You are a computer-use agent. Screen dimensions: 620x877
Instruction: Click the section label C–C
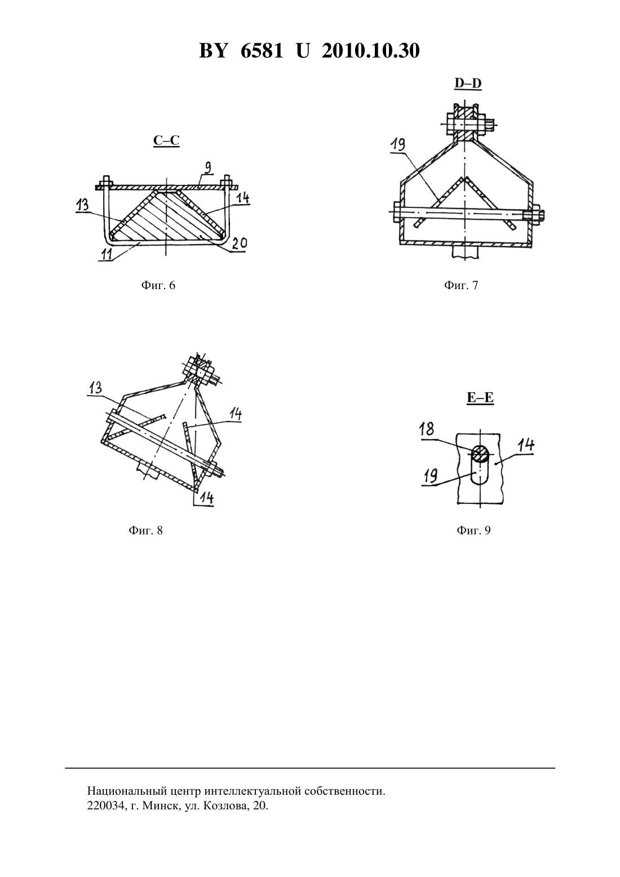coord(166,140)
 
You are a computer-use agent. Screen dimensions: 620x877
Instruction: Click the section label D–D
coord(468,83)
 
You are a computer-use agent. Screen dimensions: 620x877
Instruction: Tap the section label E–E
coord(480,398)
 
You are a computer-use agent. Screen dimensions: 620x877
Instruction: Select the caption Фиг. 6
coord(158,285)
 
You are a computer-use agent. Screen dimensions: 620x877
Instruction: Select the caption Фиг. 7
coord(461,285)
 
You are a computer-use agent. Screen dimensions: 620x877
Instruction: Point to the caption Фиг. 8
coord(145,530)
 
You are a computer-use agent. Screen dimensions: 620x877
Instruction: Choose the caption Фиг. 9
coord(473,530)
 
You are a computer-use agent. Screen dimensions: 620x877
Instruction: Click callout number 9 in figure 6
coord(208,167)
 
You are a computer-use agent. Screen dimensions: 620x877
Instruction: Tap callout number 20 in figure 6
coord(239,243)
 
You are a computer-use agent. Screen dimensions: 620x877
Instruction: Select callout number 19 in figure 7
coord(397,144)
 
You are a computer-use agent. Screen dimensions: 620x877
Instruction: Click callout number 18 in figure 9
coord(427,429)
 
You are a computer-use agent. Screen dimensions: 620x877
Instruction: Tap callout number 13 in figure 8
coord(95,388)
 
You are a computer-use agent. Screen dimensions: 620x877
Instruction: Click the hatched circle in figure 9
coord(480,454)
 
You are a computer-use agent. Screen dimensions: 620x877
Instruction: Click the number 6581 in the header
coord(262,51)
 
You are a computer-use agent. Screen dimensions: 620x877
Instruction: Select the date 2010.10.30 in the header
coord(371,51)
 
